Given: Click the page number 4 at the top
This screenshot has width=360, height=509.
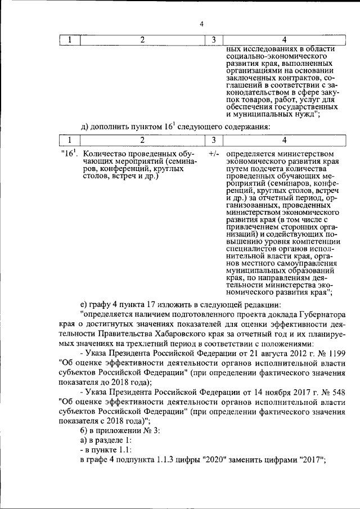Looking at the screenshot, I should pyautogui.click(x=201, y=23).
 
